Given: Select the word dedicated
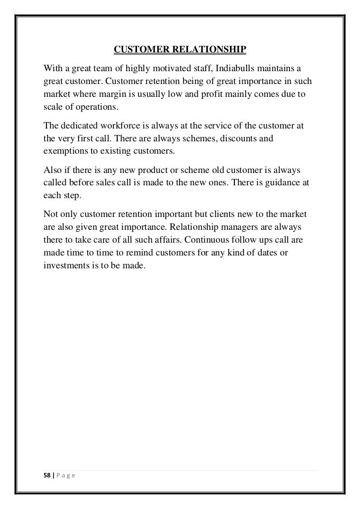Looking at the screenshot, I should click(78, 127).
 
